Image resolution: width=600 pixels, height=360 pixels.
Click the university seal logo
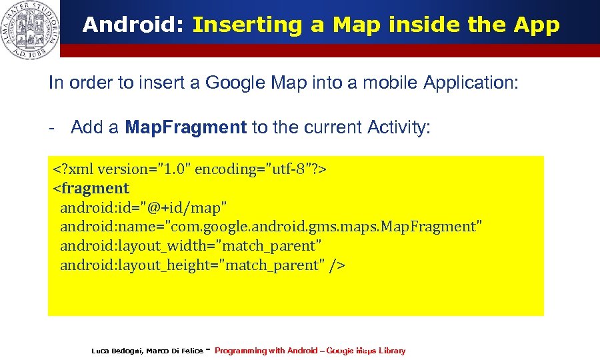(29, 29)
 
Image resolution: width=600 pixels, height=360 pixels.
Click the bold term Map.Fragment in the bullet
(186, 127)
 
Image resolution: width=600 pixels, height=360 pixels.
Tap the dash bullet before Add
(51, 127)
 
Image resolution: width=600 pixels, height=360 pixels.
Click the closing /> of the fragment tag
(337, 265)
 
